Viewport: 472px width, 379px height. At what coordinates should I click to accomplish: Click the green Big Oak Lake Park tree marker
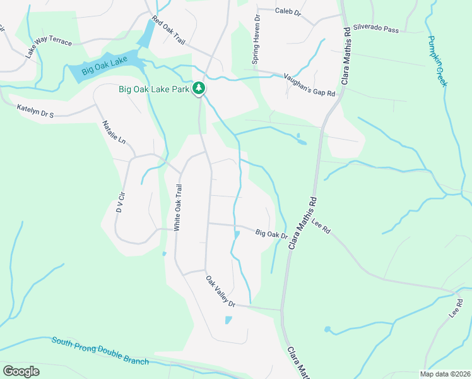[x=199, y=88]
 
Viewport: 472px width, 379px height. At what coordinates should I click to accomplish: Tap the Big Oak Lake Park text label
[x=154, y=89]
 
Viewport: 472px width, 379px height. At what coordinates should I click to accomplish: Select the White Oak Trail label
[x=178, y=207]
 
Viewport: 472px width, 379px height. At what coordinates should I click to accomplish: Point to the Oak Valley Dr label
[x=220, y=291]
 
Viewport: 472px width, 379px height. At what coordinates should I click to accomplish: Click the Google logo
[x=21, y=371]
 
